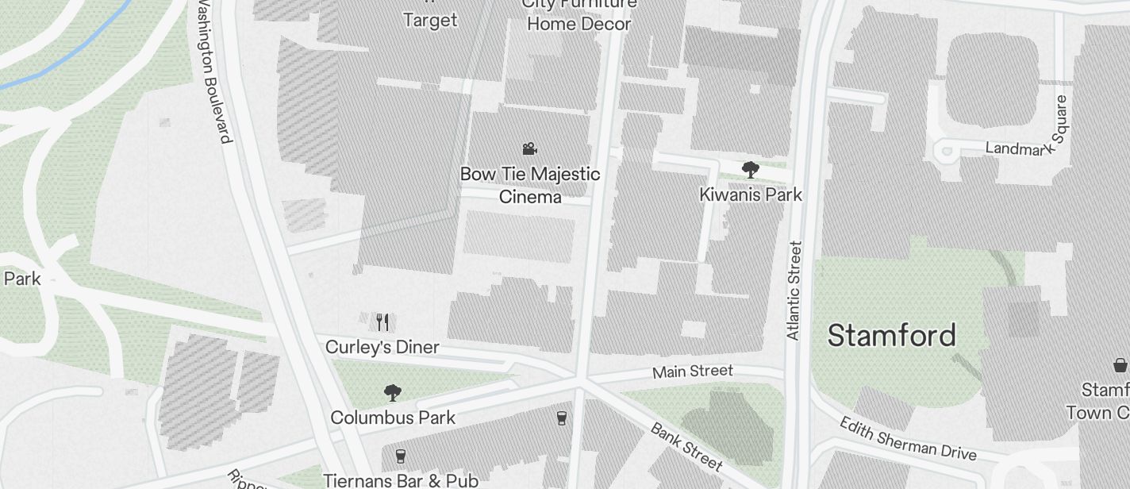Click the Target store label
[x=430, y=20]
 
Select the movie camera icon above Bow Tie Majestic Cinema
[x=530, y=148]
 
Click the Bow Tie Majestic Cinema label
[x=530, y=185]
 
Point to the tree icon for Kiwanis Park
[x=750, y=169]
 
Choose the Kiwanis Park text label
[x=751, y=194]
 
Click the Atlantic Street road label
[x=794, y=291]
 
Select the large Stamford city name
[x=891, y=335]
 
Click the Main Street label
[x=693, y=372]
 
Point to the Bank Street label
[x=686, y=446]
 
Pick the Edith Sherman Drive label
[x=907, y=438]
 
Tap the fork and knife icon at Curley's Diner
[x=382, y=322]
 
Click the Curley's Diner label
[x=382, y=348]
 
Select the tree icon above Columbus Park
[x=392, y=392]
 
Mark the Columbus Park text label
[x=393, y=418]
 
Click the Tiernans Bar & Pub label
[x=401, y=480]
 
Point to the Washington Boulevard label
[x=214, y=71]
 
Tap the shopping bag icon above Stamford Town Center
[x=1120, y=365]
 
